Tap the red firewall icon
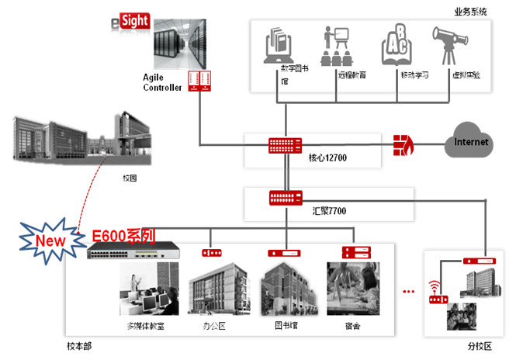(404, 144)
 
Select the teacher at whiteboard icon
(335, 47)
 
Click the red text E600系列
(123, 235)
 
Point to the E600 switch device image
(131, 251)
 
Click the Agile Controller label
(162, 82)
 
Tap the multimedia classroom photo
(149, 290)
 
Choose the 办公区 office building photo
(217, 290)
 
